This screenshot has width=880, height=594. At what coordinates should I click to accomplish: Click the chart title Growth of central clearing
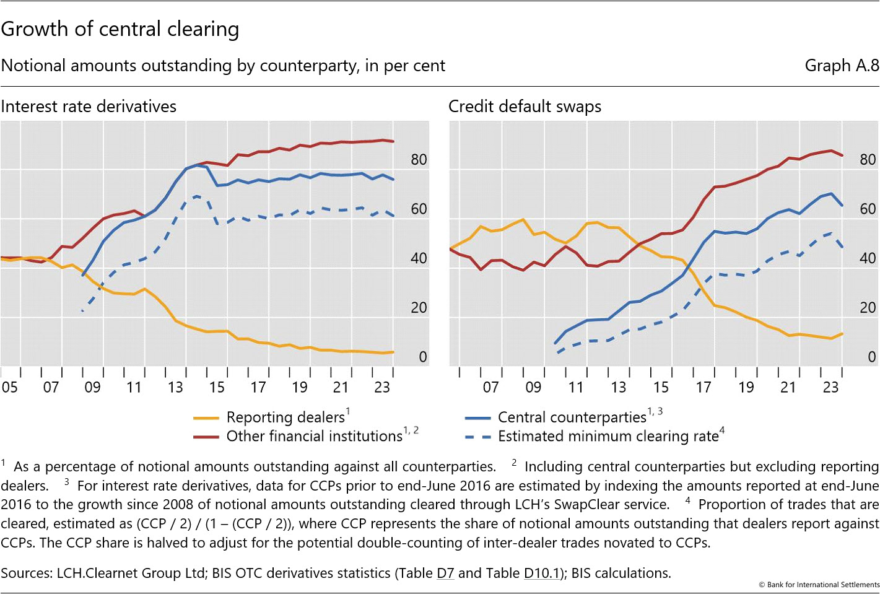pyautogui.click(x=120, y=29)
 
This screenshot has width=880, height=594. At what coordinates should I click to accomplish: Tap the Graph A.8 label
pyautogui.click(x=842, y=66)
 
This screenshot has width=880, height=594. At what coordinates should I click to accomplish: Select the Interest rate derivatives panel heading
pyautogui.click(x=89, y=107)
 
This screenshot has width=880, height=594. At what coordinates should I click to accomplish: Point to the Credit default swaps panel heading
pyautogui.click(x=525, y=107)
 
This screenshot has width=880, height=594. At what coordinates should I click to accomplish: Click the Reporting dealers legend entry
pyautogui.click(x=285, y=417)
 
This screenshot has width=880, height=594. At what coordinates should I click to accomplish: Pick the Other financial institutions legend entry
pyautogui.click(x=314, y=436)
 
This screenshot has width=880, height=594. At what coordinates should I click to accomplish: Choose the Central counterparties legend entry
pyautogui.click(x=572, y=417)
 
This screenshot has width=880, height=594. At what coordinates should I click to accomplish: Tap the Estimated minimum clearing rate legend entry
pyautogui.click(x=608, y=436)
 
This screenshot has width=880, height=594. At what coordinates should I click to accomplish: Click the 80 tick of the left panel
pyautogui.click(x=419, y=160)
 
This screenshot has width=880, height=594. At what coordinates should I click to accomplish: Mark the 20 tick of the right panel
pyautogui.click(x=868, y=308)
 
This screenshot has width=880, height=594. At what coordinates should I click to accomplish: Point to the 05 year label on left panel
pyautogui.click(x=9, y=387)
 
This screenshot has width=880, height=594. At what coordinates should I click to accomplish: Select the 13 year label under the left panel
pyautogui.click(x=175, y=387)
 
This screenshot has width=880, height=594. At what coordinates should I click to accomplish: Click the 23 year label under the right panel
pyautogui.click(x=830, y=387)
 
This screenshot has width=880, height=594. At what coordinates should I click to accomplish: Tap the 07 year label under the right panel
pyautogui.click(x=491, y=387)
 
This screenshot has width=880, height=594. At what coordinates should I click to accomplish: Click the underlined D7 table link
pyautogui.click(x=445, y=574)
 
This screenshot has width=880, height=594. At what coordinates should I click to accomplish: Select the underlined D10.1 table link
pyautogui.click(x=541, y=574)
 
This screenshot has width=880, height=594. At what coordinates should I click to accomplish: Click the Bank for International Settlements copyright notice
pyautogui.click(x=819, y=585)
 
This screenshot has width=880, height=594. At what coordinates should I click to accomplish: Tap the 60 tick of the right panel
pyautogui.click(x=868, y=209)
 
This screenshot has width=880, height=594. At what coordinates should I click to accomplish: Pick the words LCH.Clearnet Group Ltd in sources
pyautogui.click(x=131, y=574)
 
